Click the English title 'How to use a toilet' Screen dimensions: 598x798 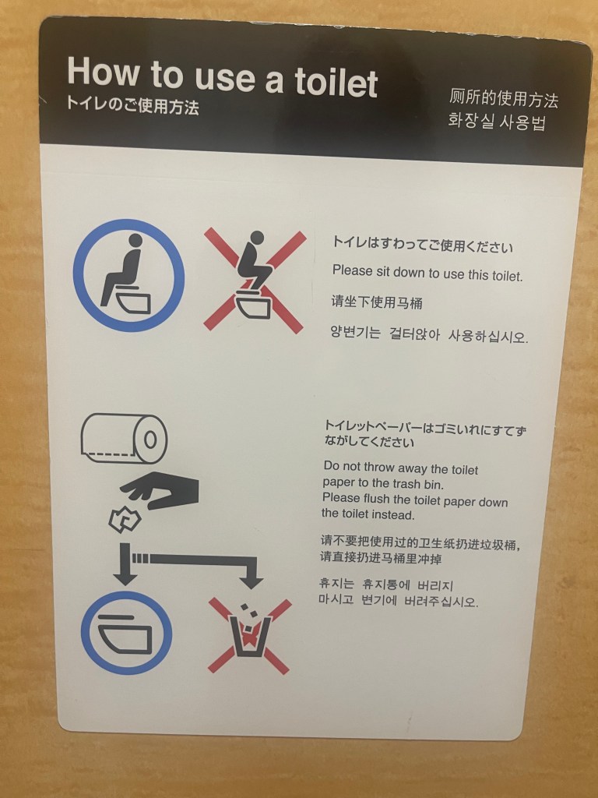point(222,77)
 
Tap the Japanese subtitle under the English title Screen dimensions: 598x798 point(132,105)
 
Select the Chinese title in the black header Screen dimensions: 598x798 point(503,98)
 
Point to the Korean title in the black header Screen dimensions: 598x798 point(497,121)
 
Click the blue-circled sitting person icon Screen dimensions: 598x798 point(128,275)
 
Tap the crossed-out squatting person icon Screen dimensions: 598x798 point(255,281)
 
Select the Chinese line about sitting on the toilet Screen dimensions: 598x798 point(377,302)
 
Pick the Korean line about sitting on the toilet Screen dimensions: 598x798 point(429,334)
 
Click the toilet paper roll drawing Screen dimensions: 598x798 point(124,438)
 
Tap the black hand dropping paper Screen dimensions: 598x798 point(160,490)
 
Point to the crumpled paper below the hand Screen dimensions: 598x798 point(125,520)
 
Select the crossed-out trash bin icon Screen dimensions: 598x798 point(249,636)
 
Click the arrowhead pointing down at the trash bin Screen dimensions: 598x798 point(251,583)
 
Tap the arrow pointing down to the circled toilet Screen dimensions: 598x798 point(125,564)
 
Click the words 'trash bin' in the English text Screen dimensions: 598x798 point(417,484)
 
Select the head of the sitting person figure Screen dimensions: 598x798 point(135,240)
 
